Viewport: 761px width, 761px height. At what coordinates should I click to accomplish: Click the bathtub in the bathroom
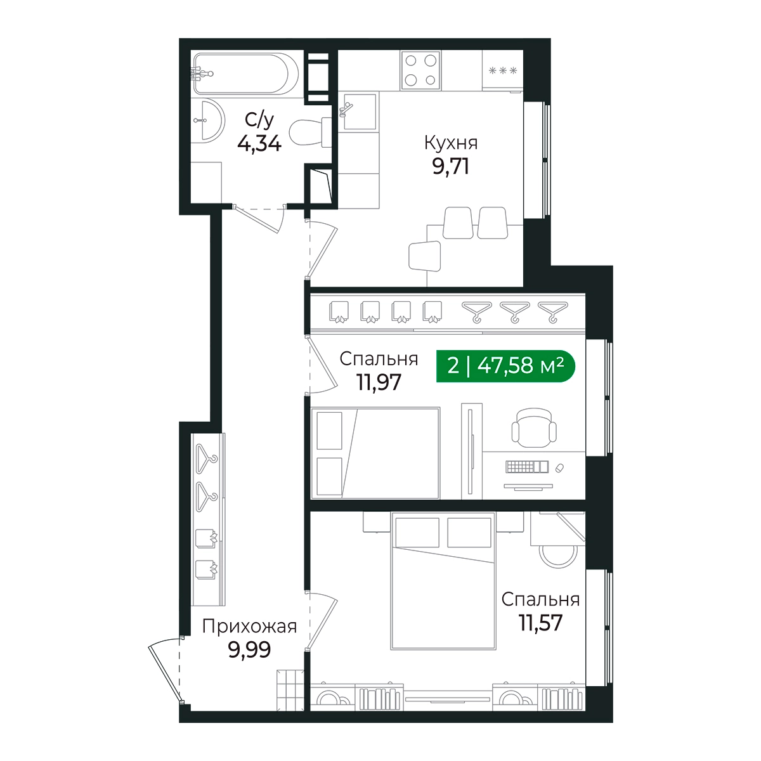pos(246,74)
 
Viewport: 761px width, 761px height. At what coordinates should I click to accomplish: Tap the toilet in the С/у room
pos(310,133)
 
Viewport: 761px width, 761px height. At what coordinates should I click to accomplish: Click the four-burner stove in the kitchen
pos(420,70)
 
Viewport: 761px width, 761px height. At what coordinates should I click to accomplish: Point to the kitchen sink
pos(358,111)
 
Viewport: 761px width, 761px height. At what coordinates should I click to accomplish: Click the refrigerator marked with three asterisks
pos(503,70)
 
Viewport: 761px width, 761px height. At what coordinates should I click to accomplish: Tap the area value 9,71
pos(451,166)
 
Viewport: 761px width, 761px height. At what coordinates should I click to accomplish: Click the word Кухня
pos(451,143)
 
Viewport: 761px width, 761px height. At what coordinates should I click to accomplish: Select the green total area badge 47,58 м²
pos(505,366)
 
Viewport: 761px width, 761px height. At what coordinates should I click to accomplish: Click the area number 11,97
pos(379,382)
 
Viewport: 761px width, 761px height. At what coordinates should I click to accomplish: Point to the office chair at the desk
pos(534,427)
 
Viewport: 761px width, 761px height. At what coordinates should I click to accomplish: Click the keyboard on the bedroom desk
pos(527,467)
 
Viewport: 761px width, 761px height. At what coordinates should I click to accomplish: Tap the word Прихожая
pos(249,627)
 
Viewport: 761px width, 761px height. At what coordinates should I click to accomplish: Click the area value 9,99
pos(249,649)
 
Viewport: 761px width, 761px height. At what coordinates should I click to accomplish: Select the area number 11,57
pos(540,623)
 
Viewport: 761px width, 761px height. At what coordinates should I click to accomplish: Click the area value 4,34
pos(259,143)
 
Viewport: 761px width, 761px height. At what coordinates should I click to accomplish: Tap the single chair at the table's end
pos(424,256)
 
